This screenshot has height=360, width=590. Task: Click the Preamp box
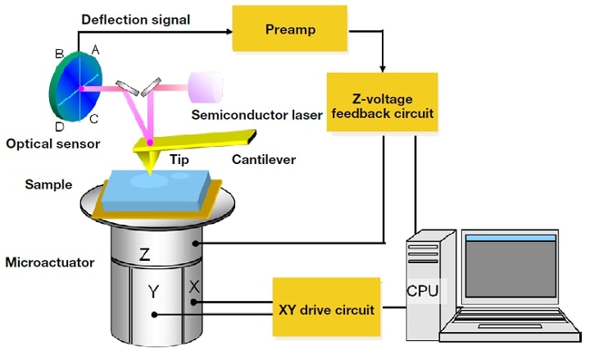click(285, 30)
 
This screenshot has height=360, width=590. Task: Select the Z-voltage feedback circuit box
click(383, 103)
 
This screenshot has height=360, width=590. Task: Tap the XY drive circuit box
click(326, 310)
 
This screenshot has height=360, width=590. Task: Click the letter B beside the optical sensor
click(59, 54)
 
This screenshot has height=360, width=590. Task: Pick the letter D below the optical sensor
click(59, 126)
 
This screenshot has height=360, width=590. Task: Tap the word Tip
click(178, 159)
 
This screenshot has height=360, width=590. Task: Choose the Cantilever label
click(263, 159)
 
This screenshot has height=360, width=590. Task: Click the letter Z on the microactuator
click(144, 255)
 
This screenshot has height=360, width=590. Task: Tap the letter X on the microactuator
click(194, 286)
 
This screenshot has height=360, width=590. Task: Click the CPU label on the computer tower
click(423, 289)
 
